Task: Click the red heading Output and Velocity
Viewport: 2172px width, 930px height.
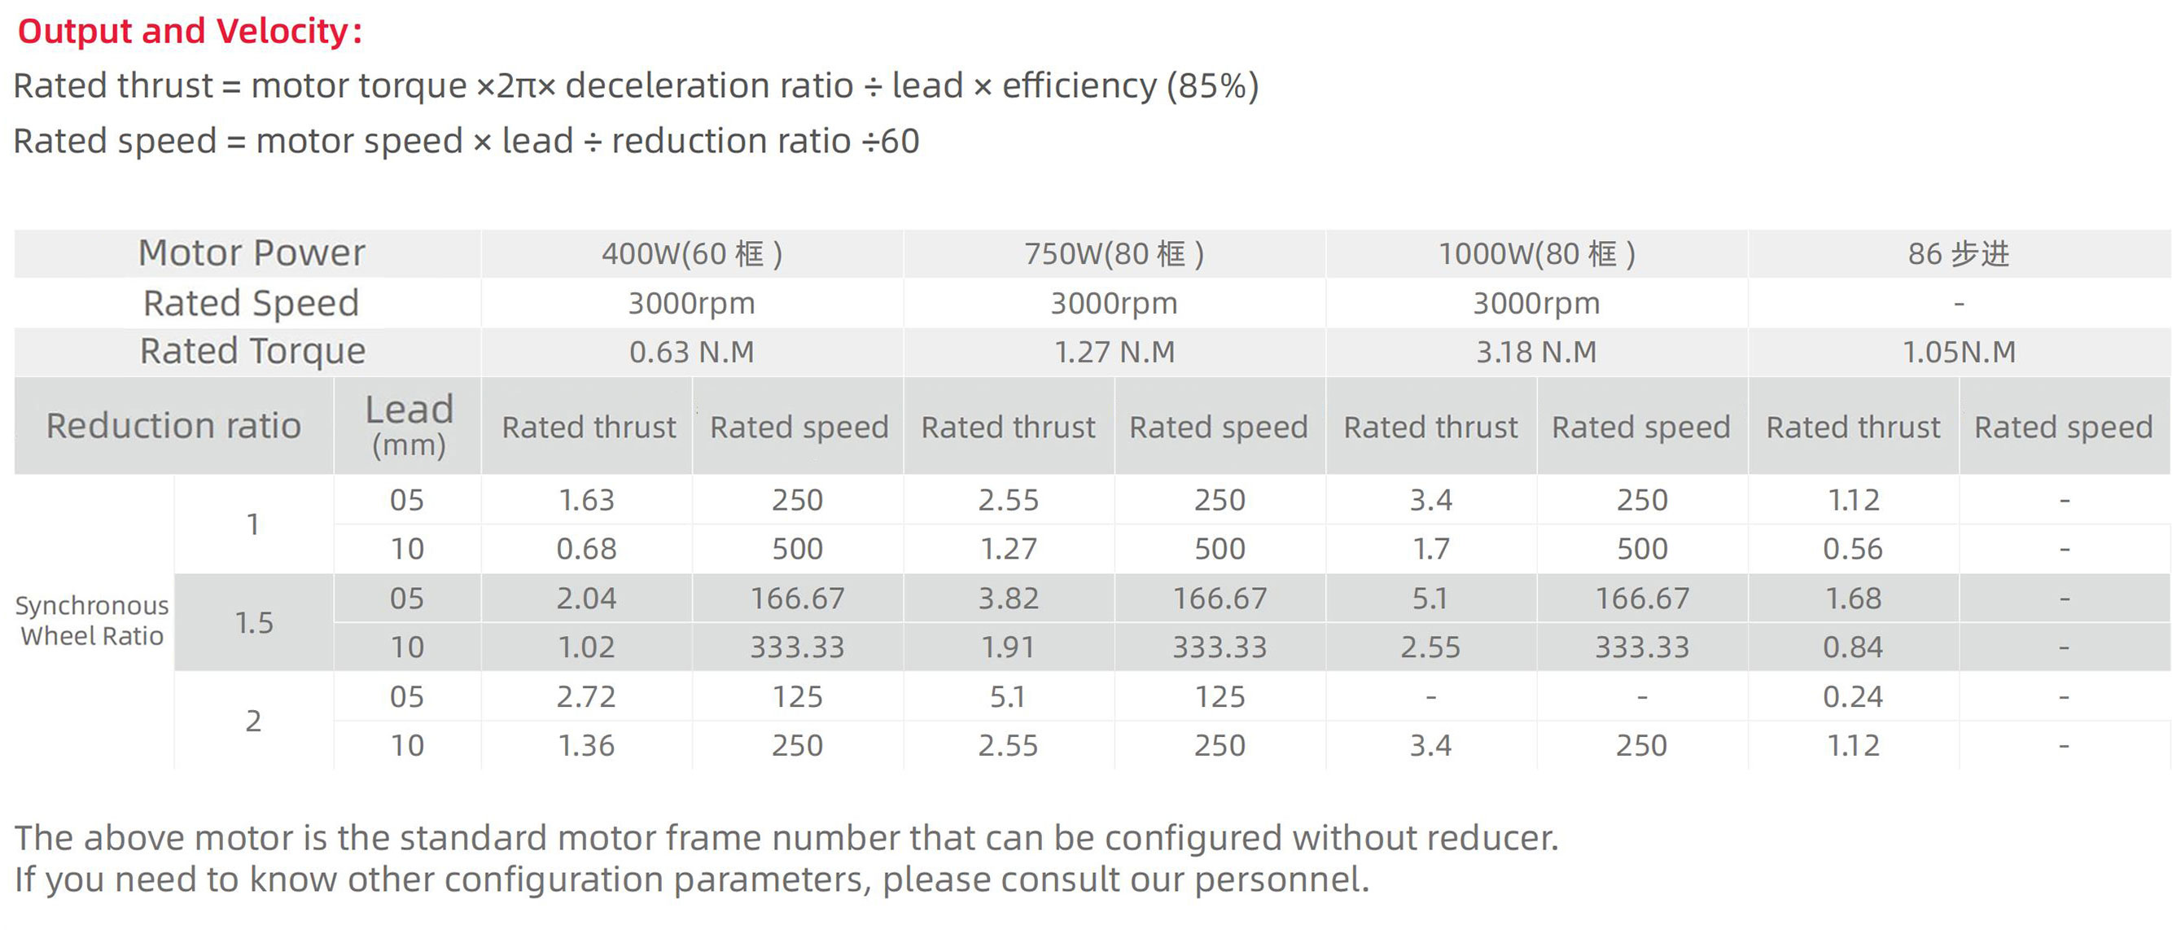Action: [x=190, y=32]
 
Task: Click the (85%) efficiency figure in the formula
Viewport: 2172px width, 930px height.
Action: [x=1211, y=86]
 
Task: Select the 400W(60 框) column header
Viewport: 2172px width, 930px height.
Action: [x=691, y=254]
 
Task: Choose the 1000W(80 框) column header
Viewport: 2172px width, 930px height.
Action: [x=1536, y=254]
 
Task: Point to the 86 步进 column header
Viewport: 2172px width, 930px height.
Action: [x=1958, y=254]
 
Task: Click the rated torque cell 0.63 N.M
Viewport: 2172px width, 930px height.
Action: [x=691, y=352]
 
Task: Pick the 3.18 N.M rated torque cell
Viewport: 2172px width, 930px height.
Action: [x=1536, y=352]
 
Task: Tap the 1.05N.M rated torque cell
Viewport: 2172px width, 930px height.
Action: [x=1959, y=352]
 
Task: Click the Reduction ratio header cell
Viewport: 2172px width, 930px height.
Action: [x=173, y=426]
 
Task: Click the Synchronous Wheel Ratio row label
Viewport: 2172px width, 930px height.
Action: [x=92, y=621]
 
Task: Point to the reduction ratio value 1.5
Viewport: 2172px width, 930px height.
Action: [x=254, y=623]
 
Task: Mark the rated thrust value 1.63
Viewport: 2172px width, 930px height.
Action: [x=587, y=500]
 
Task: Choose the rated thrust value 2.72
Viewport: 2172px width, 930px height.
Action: [x=587, y=696]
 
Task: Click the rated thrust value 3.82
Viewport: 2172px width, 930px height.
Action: [x=1009, y=599]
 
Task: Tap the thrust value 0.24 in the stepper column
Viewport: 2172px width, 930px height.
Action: [x=1852, y=696]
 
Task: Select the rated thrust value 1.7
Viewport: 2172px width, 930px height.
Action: [x=1431, y=549]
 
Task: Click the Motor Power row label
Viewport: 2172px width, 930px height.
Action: [x=252, y=253]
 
